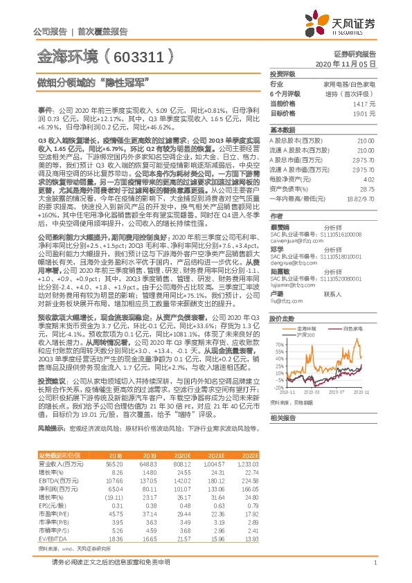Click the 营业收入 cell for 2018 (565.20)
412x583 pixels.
(x=114, y=464)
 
